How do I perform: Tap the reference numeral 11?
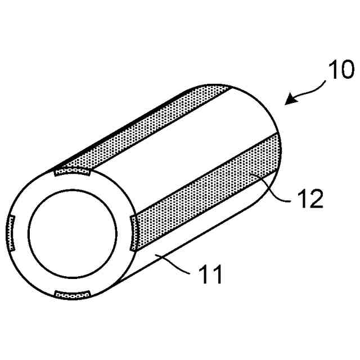(x=209, y=276)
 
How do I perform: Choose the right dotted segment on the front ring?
(x=133, y=233)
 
